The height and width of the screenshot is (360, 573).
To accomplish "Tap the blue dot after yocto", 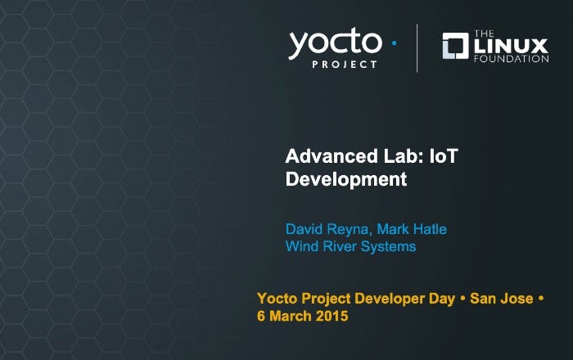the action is click(394, 43).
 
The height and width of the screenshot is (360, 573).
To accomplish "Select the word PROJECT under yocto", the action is click(345, 65).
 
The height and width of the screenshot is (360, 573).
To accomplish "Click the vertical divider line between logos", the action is click(417, 48).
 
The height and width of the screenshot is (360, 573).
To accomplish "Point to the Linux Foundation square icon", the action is click(455, 46).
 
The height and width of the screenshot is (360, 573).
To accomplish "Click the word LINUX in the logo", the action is click(512, 46).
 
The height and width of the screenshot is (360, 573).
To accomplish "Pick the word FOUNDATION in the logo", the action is click(512, 59).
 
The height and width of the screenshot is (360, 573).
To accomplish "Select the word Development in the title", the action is click(346, 179).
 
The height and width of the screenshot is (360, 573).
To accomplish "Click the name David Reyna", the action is click(328, 229).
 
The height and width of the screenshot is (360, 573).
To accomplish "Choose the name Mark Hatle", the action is click(412, 229).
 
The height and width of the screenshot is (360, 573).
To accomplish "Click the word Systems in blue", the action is click(389, 246).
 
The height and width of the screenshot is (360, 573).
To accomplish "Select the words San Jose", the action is click(501, 299).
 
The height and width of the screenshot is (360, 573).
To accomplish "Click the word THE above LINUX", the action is click(484, 34).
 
